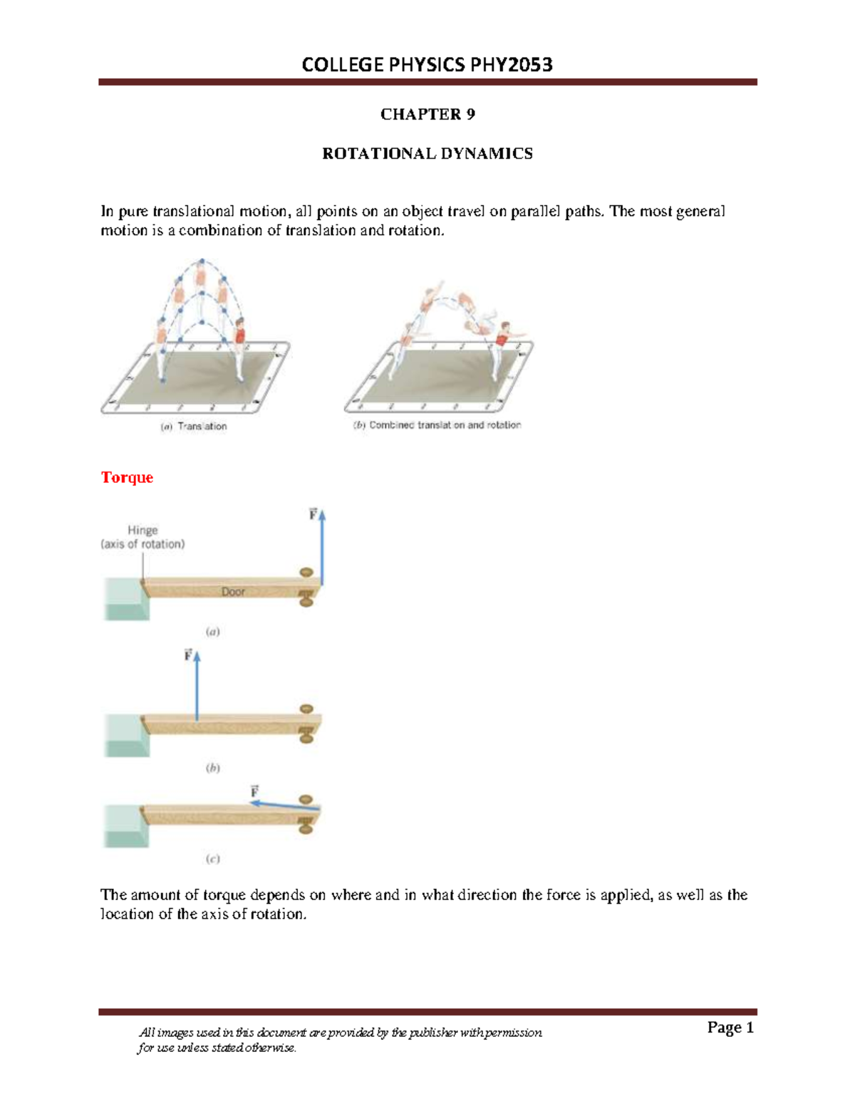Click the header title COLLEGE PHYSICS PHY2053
click(427, 65)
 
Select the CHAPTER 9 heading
click(427, 115)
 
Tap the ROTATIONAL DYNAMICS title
click(427, 154)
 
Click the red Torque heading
click(127, 477)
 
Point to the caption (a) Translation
click(194, 427)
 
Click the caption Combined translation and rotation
click(437, 425)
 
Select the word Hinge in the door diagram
click(142, 530)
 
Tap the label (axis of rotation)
click(142, 544)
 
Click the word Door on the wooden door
click(233, 592)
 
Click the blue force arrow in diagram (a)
click(322, 548)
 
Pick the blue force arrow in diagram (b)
click(197, 687)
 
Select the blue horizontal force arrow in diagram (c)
click(285, 805)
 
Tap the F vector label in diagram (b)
click(188, 654)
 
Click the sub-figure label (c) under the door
click(212, 859)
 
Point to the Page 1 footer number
click(730, 1027)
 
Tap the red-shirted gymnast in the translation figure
click(239, 333)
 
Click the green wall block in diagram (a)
click(125, 600)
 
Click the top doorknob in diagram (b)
click(306, 709)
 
